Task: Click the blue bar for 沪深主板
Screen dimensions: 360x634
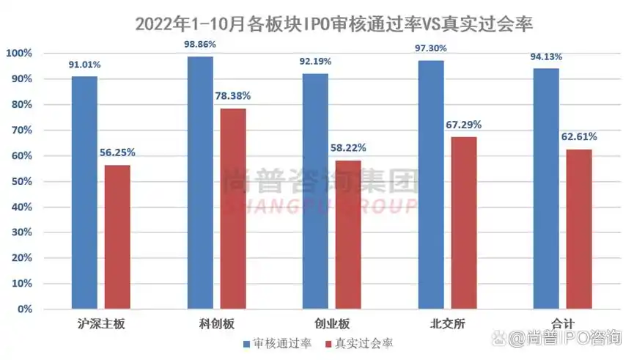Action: [x=85, y=192]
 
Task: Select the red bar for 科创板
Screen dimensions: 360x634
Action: [x=233, y=208]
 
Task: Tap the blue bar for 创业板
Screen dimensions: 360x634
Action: [x=316, y=191]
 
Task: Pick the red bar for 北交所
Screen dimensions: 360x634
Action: [x=463, y=223]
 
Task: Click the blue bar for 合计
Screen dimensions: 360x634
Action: [x=546, y=188]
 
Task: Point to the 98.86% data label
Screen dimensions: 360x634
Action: [x=201, y=45]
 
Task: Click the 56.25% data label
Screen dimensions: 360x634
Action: [x=117, y=153]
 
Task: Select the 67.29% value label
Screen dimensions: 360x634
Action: [x=464, y=125]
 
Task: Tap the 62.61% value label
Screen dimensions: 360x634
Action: [x=579, y=136]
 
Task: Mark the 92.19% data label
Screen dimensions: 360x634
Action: [x=316, y=62]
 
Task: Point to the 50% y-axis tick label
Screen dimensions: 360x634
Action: [x=21, y=182]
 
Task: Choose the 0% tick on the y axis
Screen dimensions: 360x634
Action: [x=24, y=309]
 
